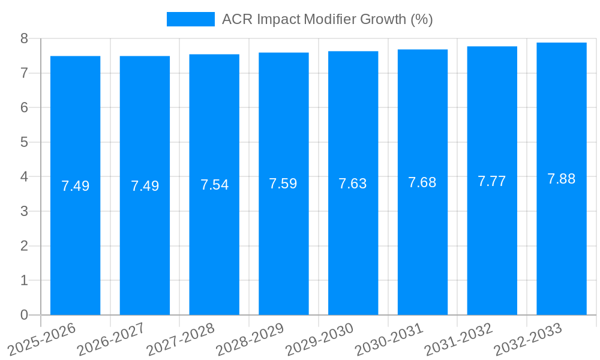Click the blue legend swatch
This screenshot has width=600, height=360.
point(190,19)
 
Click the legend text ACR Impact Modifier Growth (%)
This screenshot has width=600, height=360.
point(327,19)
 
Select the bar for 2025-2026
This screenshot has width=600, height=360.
point(75,185)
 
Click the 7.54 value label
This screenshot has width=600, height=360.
point(214,185)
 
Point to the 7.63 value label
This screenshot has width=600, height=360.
point(353,184)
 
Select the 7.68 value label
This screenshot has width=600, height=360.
point(422,182)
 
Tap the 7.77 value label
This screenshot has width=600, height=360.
point(492,181)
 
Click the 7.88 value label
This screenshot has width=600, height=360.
point(562,179)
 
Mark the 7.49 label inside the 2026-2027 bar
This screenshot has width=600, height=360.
point(145,186)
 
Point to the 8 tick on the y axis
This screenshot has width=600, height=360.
point(24,38)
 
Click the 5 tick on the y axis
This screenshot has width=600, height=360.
point(24,142)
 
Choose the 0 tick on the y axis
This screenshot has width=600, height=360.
point(24,315)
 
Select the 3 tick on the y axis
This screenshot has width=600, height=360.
point(24,211)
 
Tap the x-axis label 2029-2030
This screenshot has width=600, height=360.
point(320,339)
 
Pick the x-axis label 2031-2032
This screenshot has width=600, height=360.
point(459,339)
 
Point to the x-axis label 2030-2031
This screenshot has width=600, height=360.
point(389,339)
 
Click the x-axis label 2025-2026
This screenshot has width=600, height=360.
point(42,339)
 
